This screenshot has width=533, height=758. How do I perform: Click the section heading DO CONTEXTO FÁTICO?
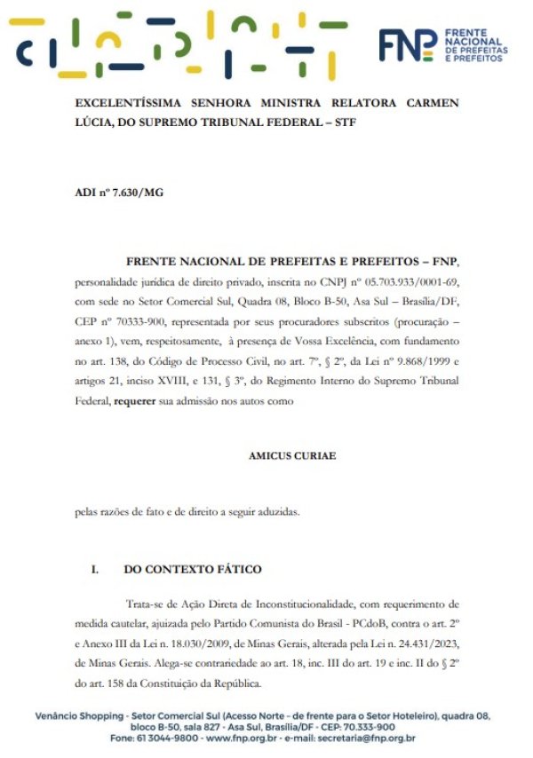pos(193,569)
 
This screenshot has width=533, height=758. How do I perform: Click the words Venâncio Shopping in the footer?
pos(76,715)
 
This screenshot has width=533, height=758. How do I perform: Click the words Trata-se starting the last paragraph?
pos(147,603)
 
